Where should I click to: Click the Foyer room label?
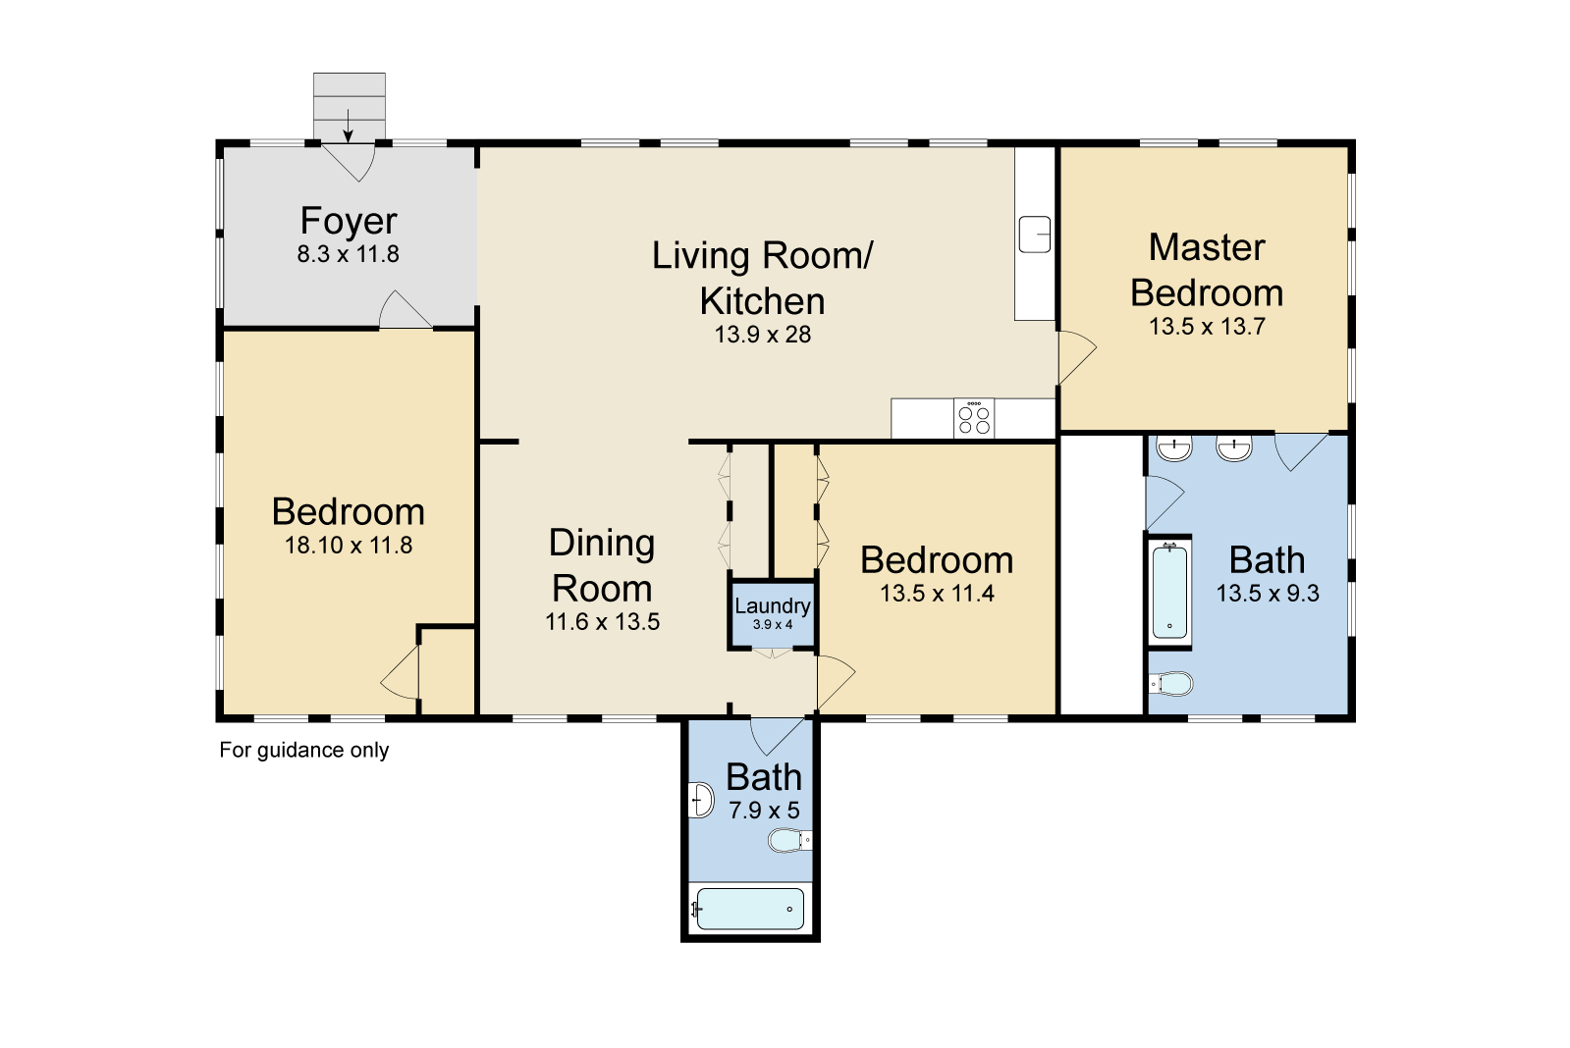pos(349,221)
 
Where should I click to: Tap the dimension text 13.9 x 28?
pos(763,335)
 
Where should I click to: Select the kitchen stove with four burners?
pos(974,418)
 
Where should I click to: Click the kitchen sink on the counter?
pos(1035,234)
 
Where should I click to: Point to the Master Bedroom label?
pos(1207,271)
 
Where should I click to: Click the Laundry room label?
pos(773,606)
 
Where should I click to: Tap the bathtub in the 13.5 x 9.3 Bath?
pos(1169,592)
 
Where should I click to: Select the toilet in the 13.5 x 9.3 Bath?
pos(1170,684)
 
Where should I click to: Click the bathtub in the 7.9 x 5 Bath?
pos(750,910)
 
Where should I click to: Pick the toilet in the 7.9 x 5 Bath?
pos(789,840)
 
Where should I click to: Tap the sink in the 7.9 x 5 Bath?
pos(701,800)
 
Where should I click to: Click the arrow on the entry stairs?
pos(348,126)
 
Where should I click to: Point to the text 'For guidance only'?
pos(304,751)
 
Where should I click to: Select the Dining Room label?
pos(602,565)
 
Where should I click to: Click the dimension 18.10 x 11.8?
pos(349,546)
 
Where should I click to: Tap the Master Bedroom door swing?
pos(1076,357)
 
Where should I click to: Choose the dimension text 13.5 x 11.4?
pos(937,594)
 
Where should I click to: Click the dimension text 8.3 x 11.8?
pos(349,253)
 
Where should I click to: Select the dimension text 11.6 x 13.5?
pos(603,622)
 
